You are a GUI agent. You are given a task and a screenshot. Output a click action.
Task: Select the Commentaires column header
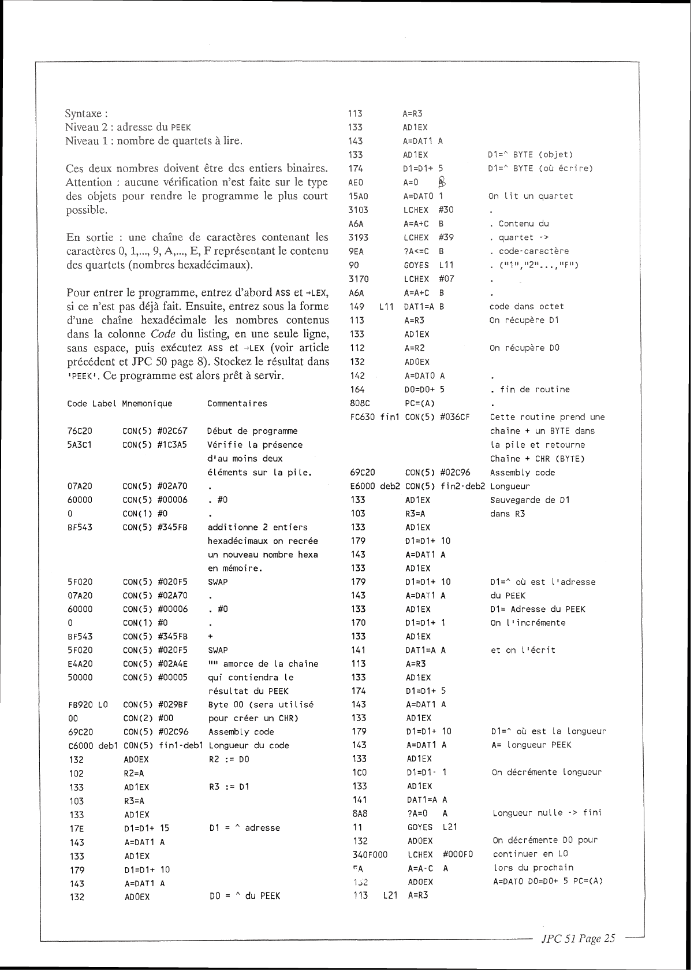[x=237, y=403]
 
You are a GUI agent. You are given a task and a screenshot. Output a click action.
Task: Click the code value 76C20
[x=79, y=431]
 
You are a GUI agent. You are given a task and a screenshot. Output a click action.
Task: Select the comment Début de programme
[x=252, y=431]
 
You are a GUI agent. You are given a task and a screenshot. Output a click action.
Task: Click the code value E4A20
[x=79, y=664]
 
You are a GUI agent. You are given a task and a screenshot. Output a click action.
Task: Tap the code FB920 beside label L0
[x=79, y=705]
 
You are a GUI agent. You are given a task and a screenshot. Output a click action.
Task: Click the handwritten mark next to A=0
[x=442, y=182]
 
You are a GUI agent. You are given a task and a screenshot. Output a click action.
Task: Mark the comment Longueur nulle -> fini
[x=547, y=813]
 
